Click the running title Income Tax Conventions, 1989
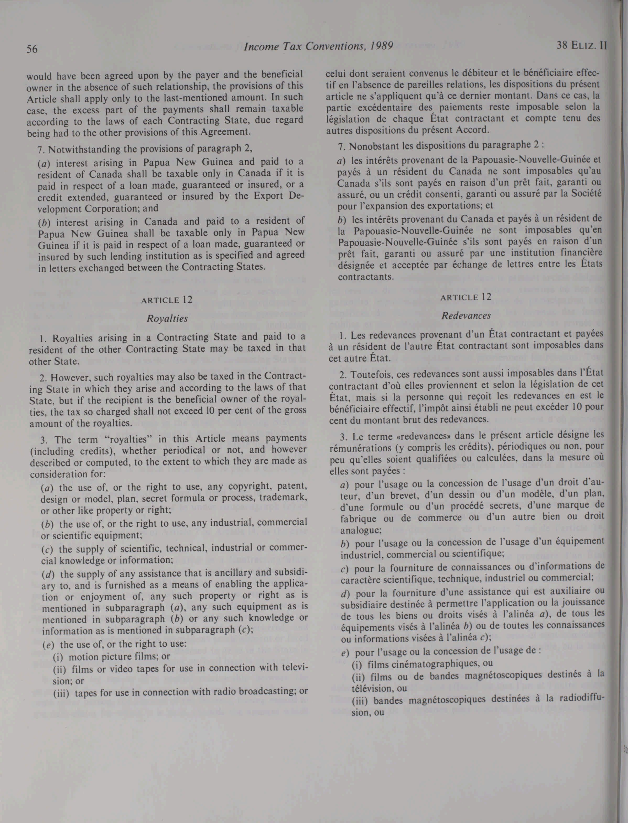pos(318,46)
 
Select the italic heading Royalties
pos(167,319)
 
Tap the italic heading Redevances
pos(466,315)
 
